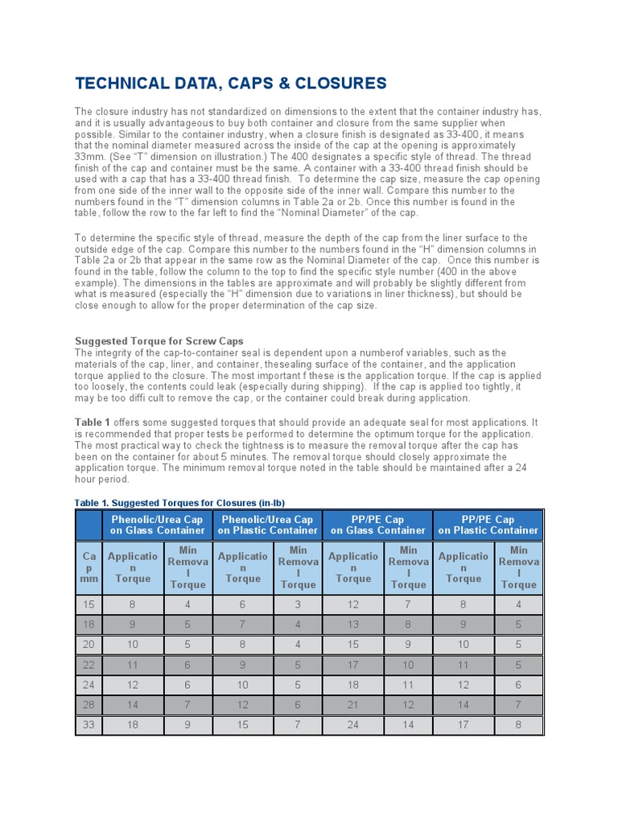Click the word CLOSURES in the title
(334, 84)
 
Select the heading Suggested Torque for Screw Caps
(159, 341)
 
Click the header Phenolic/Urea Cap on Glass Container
(158, 525)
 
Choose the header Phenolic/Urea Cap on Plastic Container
(268, 525)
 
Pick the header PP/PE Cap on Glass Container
(378, 525)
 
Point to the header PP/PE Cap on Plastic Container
(488, 525)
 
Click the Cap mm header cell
(89, 567)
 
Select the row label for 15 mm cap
(89, 604)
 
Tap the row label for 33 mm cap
(89, 726)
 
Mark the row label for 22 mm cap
(89, 665)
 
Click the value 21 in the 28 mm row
(353, 706)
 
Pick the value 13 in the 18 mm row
(353, 624)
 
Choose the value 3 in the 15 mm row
(298, 604)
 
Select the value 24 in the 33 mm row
(353, 726)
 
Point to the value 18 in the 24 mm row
(353, 685)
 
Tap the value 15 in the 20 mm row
(353, 645)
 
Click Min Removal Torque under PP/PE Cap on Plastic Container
(519, 567)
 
